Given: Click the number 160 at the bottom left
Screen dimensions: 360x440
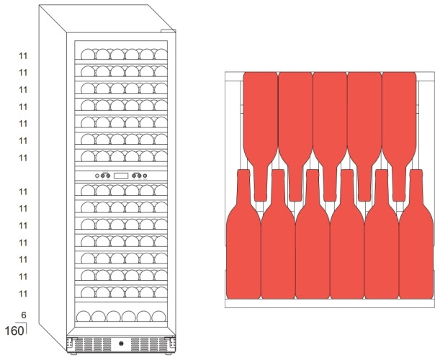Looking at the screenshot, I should [x=14, y=332].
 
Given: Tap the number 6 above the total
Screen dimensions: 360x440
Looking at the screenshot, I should [x=24, y=315].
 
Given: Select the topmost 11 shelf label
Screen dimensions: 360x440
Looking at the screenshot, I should [x=23, y=55].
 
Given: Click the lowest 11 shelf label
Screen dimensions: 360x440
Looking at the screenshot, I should [x=23, y=293].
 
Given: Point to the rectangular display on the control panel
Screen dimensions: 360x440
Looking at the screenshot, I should [x=121, y=176].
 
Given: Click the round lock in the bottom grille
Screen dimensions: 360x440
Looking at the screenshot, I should [x=122, y=343].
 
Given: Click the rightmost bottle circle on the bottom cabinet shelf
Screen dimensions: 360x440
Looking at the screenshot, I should [x=160, y=316].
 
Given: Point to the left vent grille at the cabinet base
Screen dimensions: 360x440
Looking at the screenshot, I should [x=91, y=344].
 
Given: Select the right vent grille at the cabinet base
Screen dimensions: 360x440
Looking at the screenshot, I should [x=152, y=344].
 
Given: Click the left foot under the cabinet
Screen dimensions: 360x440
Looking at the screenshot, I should [x=73, y=354].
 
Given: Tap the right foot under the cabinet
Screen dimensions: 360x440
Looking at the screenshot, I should [x=171, y=354].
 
